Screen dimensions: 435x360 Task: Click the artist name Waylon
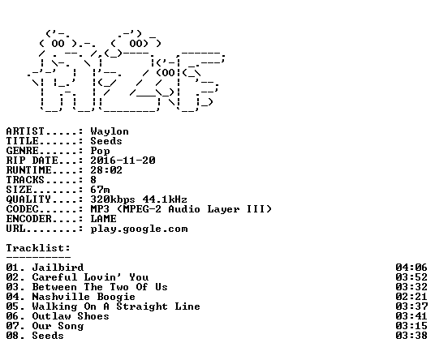point(110,131)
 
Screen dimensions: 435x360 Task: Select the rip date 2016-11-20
point(123,161)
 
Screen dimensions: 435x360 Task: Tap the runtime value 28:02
point(106,170)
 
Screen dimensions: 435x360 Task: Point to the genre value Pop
point(100,151)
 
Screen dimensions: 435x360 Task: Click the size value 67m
point(100,190)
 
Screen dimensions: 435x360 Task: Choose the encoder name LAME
point(104,219)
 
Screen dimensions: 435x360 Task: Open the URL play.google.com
point(140,229)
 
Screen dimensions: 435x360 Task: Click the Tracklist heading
point(38,248)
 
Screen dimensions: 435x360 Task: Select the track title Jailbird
point(58,268)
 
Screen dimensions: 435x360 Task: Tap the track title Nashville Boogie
point(84,297)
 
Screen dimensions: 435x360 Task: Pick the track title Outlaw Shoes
point(71,316)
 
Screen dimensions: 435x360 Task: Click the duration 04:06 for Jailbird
point(411,268)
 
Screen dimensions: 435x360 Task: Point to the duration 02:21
point(411,297)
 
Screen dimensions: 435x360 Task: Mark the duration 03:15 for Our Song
point(411,326)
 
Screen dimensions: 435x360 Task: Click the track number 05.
point(12,306)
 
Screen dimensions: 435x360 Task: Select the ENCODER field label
point(29,219)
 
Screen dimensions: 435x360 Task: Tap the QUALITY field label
point(29,199)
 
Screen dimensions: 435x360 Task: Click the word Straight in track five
point(142,306)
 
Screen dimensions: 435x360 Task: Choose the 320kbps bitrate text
point(113,199)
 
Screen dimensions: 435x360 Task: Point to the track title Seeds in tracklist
point(48,336)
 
